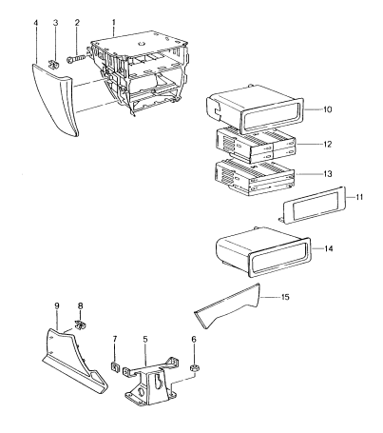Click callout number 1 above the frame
click(114, 23)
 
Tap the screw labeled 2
click(76, 59)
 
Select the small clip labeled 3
click(54, 65)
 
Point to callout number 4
click(36, 23)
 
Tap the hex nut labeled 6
click(193, 369)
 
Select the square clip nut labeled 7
click(114, 366)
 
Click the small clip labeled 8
click(81, 325)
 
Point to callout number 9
click(57, 305)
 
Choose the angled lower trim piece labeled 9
click(75, 362)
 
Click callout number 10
click(328, 109)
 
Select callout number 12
click(328, 145)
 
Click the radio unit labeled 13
click(255, 178)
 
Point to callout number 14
click(329, 248)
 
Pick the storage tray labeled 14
click(263, 252)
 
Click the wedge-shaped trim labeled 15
click(227, 307)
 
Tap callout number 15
click(285, 297)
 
